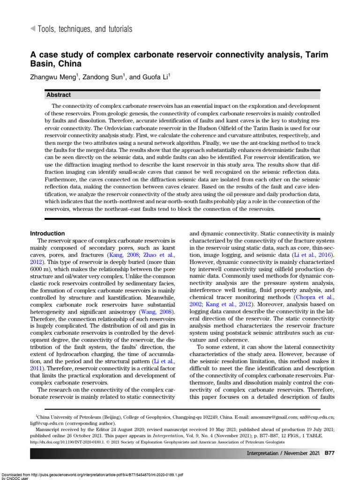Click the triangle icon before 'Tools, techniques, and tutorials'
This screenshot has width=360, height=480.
tap(32, 29)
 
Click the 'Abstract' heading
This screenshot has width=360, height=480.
tap(59, 95)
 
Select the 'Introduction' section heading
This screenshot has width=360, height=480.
tap(47, 233)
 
